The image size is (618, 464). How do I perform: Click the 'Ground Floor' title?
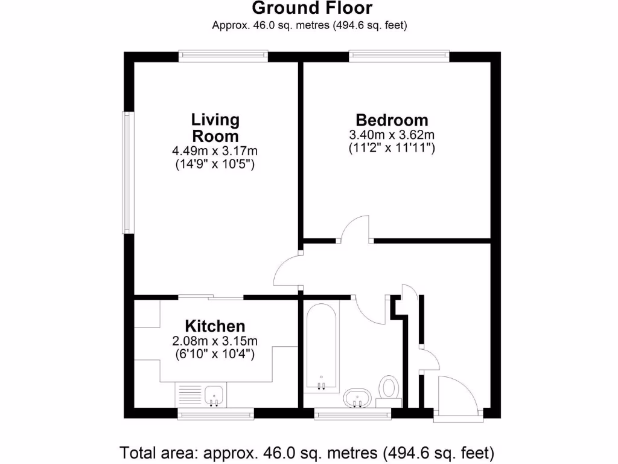click(311, 8)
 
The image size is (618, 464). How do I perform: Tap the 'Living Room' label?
click(215, 127)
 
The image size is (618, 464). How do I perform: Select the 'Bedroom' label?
click(392, 120)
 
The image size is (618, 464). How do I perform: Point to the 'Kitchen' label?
click(215, 326)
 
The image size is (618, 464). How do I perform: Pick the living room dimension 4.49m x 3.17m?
click(215, 150)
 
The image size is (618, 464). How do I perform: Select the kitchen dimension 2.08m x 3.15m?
click(215, 341)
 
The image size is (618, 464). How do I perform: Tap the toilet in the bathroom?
click(389, 388)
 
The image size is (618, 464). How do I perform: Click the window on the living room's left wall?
click(127, 172)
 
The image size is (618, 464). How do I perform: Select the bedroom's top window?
click(400, 56)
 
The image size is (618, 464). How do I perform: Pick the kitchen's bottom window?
click(215, 414)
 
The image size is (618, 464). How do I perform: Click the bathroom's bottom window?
click(352, 414)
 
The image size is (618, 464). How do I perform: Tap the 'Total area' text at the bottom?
click(308, 452)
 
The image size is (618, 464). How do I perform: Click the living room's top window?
click(223, 56)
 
